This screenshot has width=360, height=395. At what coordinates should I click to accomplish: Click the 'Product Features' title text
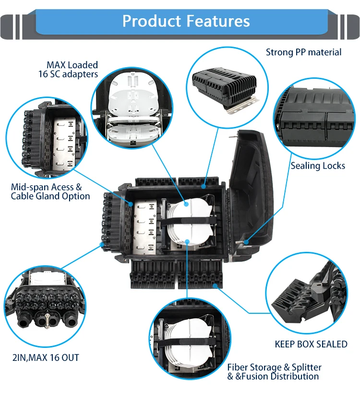186,21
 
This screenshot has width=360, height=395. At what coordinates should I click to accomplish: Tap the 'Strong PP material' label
303,52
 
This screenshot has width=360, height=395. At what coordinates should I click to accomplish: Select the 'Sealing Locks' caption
317,166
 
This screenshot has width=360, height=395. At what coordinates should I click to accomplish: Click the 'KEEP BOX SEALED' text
311,344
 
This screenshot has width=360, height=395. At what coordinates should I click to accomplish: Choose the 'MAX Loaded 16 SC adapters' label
68,69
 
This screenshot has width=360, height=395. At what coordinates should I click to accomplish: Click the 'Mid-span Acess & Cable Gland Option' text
50,191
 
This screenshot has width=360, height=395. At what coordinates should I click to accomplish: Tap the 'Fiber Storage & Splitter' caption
274,367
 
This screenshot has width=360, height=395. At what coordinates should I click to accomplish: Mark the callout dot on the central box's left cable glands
102,245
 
